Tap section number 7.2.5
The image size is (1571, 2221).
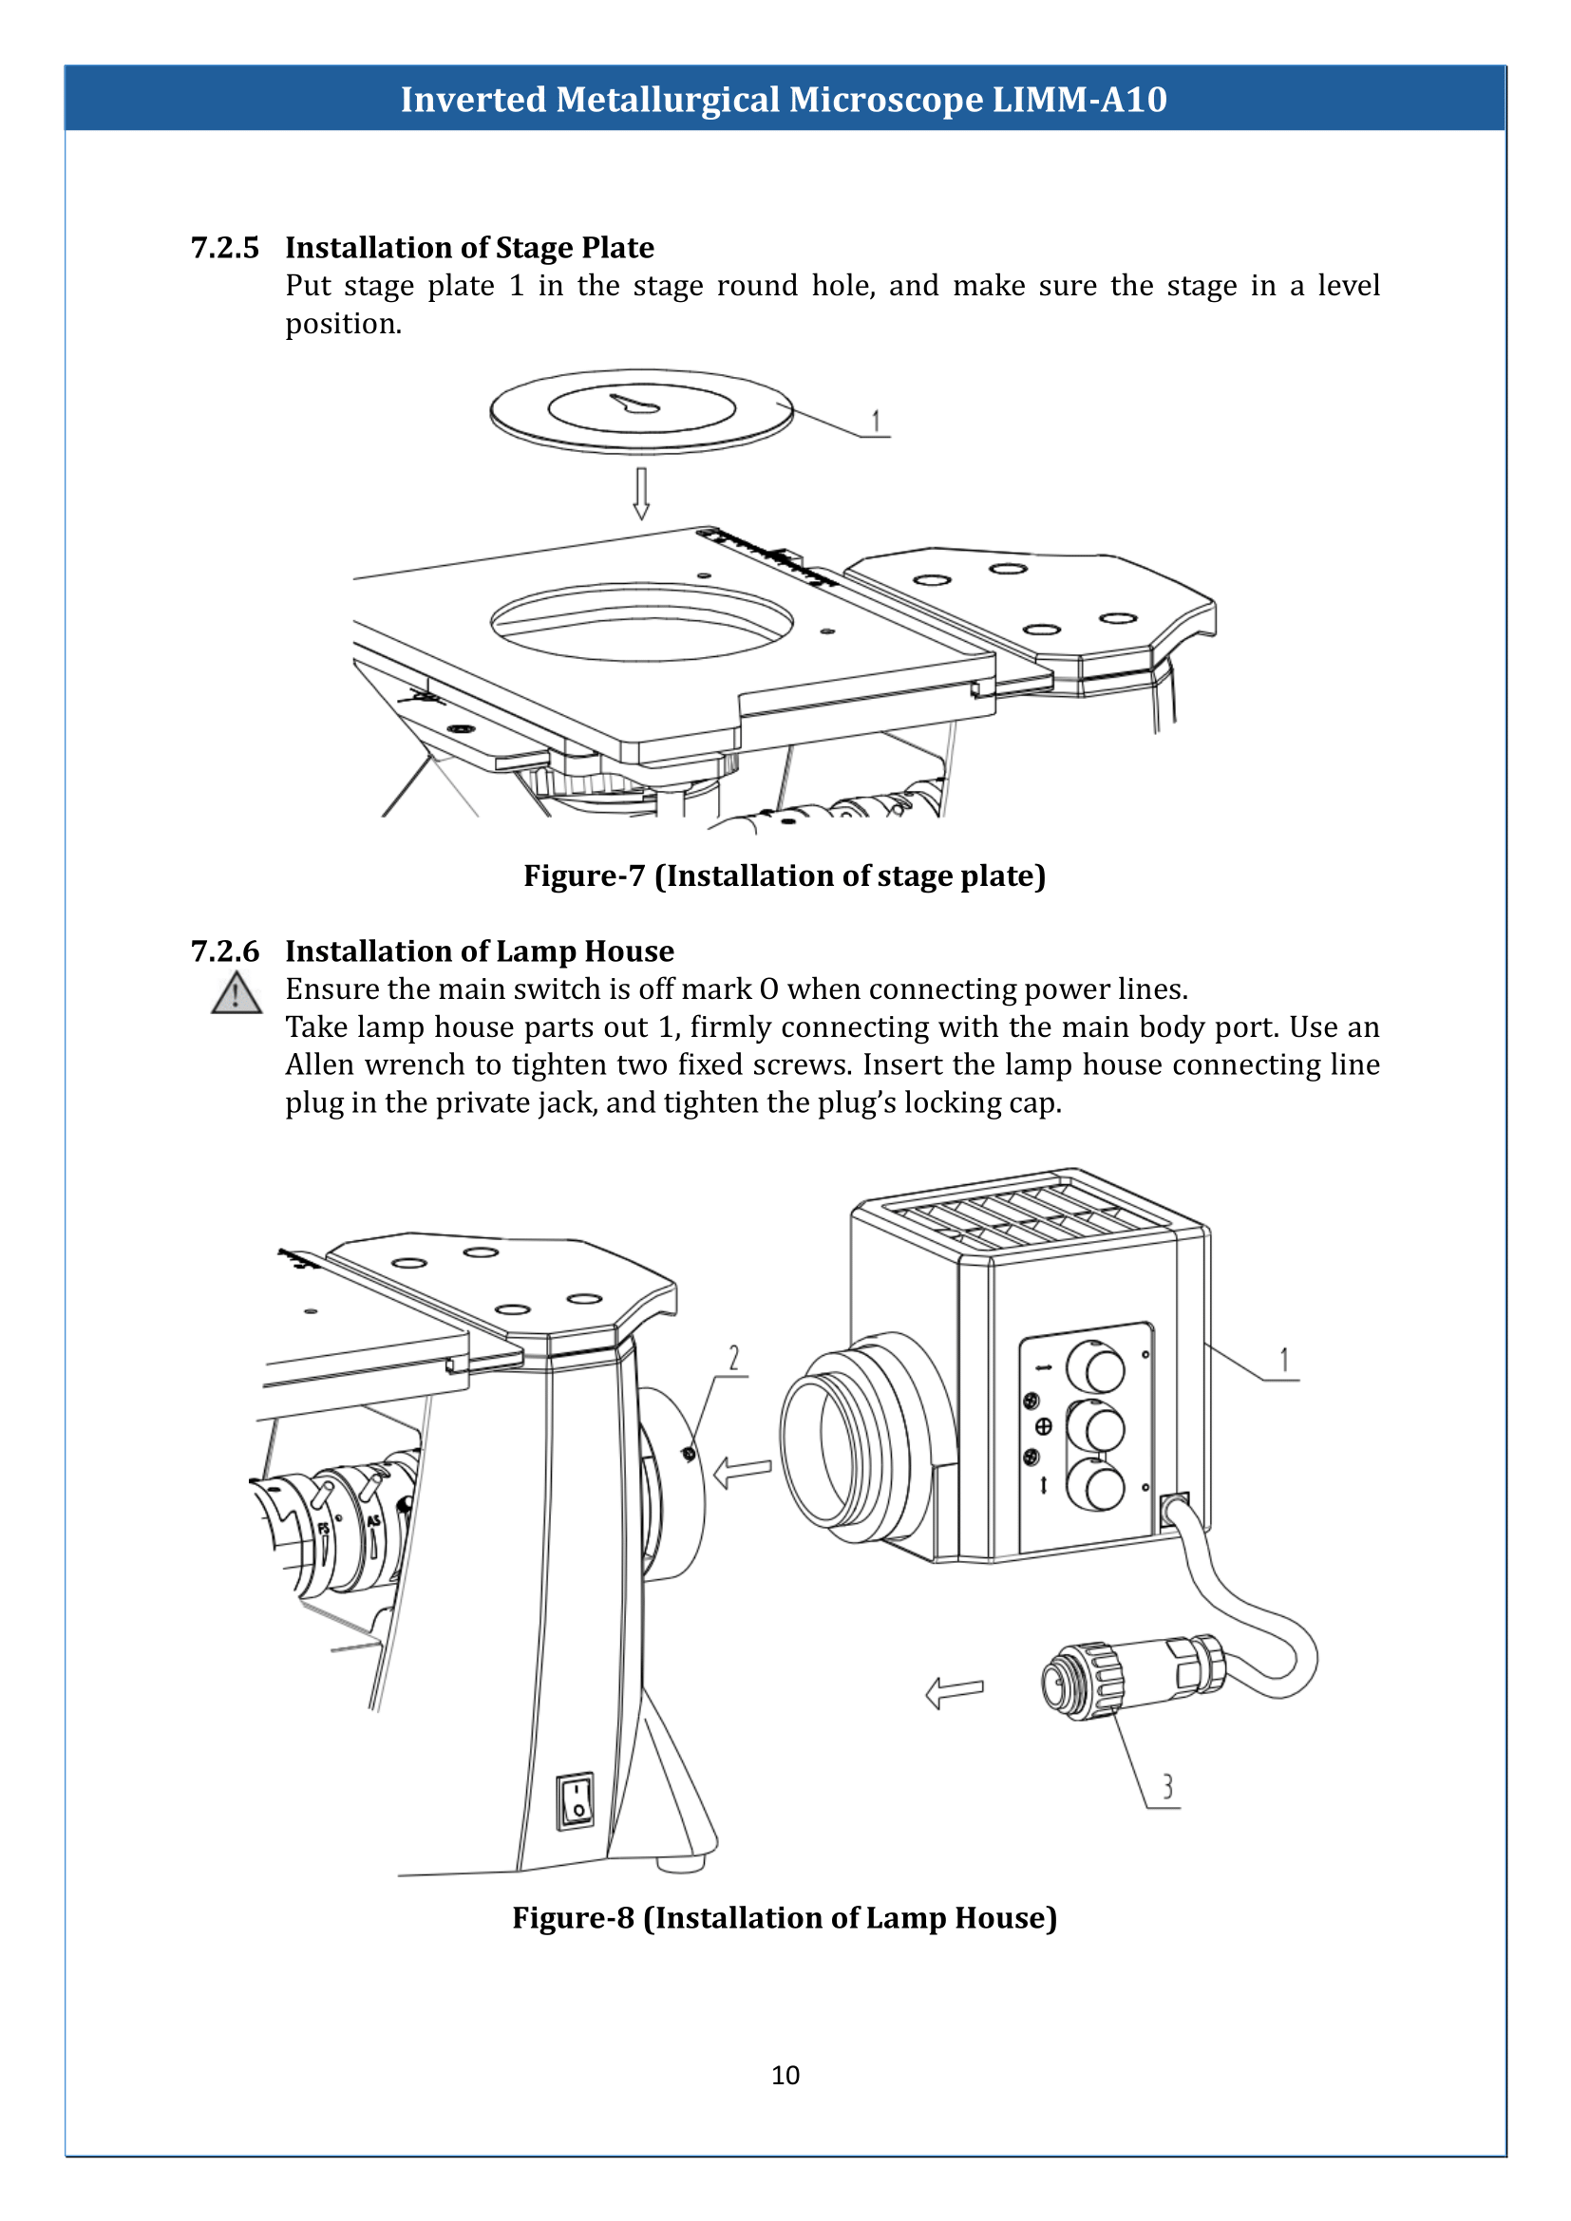224,248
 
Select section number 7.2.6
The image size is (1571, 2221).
224,951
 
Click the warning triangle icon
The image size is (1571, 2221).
237,993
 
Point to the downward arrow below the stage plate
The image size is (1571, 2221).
640,494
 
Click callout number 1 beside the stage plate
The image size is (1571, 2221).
877,422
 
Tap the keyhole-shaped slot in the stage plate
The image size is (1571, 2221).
635,405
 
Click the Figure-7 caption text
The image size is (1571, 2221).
784,875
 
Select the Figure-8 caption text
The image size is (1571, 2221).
784,1917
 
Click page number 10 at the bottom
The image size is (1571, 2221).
785,2075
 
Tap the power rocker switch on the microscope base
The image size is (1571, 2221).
576,1800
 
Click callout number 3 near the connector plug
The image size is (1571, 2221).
1167,1786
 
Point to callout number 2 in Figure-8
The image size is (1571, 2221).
734,1358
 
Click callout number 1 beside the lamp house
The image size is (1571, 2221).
1284,1360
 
